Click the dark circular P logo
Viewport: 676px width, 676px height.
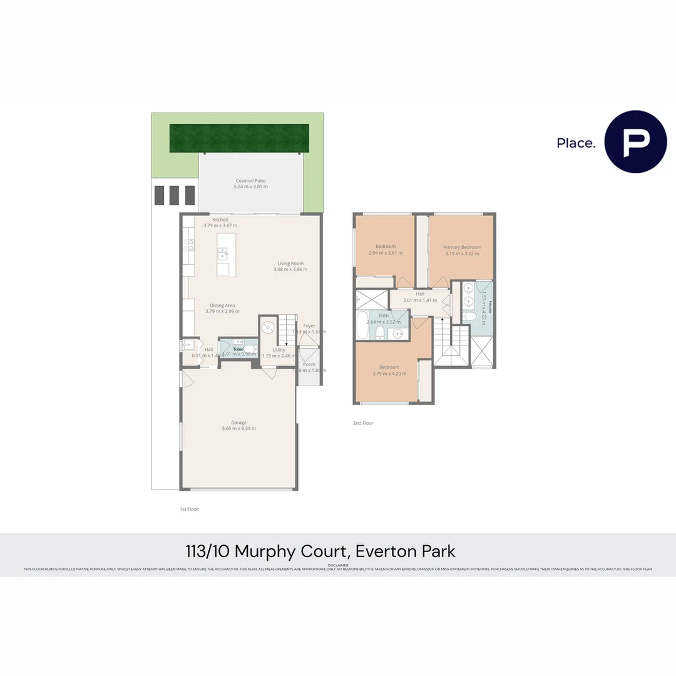coord(635,141)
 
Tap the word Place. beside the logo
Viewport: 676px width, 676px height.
coord(576,143)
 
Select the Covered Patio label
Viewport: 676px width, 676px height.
coord(250,181)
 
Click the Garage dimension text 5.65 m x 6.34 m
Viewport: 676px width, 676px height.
coord(238,429)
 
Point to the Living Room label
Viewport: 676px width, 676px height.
coord(290,264)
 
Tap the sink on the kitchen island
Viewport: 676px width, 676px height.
coord(222,253)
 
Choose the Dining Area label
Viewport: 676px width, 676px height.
coord(222,305)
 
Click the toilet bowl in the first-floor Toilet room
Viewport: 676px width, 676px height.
coord(250,349)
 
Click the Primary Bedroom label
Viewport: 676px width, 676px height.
coord(462,247)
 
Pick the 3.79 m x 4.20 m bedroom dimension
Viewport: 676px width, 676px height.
coord(389,374)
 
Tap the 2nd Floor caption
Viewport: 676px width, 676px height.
coord(363,423)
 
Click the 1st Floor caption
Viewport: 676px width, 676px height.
coord(188,509)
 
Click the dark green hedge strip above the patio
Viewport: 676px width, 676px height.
coord(239,138)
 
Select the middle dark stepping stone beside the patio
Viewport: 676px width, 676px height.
coord(174,195)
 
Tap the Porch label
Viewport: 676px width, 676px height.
coord(309,364)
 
